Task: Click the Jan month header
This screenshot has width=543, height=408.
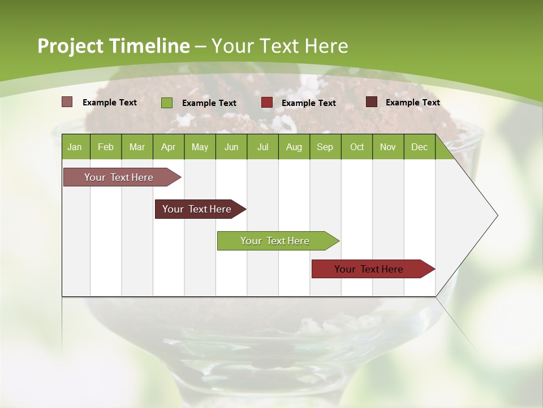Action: (75, 147)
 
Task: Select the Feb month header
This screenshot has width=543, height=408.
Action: (106, 147)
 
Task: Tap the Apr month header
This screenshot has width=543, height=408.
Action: (168, 147)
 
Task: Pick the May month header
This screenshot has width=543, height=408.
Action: (200, 147)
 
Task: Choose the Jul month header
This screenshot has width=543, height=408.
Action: (262, 147)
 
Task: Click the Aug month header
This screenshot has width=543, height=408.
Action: (294, 147)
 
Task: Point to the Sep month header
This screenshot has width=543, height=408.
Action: (325, 147)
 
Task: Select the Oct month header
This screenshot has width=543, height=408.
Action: (357, 147)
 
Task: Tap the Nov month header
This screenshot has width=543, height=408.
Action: (387, 147)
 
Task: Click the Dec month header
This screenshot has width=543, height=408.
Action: (419, 147)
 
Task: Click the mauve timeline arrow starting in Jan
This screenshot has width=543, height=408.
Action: (119, 177)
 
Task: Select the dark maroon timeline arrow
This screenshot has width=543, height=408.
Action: (197, 209)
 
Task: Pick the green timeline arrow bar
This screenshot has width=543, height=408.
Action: (275, 241)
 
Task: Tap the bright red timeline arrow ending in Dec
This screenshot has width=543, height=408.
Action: (369, 269)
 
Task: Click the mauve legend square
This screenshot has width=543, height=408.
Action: (67, 102)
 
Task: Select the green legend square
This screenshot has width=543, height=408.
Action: (166, 103)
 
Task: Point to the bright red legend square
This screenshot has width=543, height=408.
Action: (266, 103)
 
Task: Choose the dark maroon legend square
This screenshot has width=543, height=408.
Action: (371, 102)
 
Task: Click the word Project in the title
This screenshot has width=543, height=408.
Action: (70, 46)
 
